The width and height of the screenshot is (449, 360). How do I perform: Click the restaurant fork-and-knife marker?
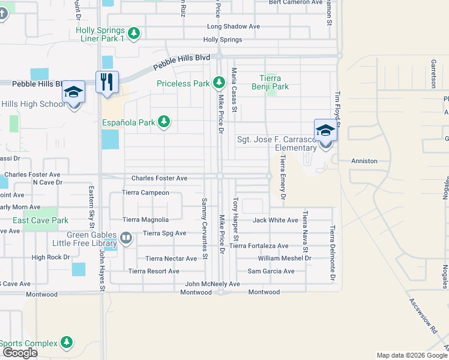click(107, 82)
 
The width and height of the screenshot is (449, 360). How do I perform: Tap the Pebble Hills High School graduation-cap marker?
click(73, 92)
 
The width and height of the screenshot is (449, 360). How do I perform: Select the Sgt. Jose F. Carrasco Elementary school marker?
click(325, 131)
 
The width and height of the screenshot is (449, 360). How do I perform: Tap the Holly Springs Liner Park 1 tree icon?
click(134, 34)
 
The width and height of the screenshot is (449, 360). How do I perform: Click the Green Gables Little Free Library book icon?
click(126, 239)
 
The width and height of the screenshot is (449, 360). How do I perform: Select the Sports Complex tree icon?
click(67, 343)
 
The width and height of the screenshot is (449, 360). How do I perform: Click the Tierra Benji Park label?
click(274, 82)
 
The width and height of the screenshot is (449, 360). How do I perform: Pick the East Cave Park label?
click(41, 220)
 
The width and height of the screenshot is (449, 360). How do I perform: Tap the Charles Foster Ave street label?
click(159, 178)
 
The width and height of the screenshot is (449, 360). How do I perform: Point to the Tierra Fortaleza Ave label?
click(259, 245)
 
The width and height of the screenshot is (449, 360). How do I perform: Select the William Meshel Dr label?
click(285, 258)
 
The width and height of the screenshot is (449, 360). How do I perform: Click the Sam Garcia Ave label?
click(271, 271)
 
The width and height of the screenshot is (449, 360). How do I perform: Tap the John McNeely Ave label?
click(212, 284)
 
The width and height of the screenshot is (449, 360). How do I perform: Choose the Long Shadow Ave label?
click(234, 26)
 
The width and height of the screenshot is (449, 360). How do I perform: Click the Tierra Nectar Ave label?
click(171, 259)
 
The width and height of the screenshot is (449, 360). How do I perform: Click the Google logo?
click(20, 353)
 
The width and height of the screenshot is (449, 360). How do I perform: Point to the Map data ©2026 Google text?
click(411, 355)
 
